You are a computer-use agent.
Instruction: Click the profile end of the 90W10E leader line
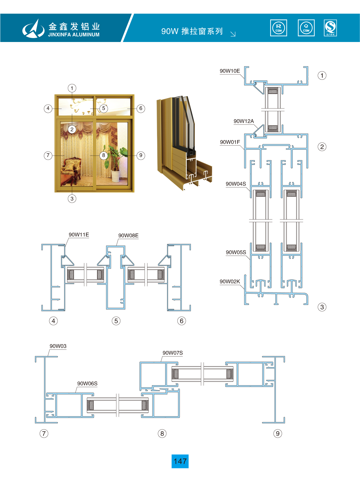[244, 79]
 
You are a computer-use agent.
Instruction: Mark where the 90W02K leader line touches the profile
[244, 289]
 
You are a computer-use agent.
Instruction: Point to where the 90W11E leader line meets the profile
[65, 247]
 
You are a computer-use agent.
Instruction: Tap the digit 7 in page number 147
[184, 461]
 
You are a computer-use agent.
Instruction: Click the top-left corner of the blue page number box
[172, 454]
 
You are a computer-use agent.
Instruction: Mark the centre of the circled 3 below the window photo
[72, 199]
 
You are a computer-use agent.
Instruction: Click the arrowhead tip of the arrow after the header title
[235, 36]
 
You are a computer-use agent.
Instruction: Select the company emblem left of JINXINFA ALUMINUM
[33, 28]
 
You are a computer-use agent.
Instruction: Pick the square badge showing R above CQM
[279, 28]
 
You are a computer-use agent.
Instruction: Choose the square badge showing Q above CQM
[306, 28]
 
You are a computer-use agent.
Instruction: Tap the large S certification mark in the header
[330, 28]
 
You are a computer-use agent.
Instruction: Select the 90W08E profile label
[128, 236]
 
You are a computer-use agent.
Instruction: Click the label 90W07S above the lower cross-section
[173, 353]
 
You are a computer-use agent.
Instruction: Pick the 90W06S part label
[87, 384]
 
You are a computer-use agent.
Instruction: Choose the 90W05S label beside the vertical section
[236, 252]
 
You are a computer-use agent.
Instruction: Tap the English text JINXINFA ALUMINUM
[74, 35]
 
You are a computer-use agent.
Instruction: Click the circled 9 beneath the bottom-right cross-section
[278, 433]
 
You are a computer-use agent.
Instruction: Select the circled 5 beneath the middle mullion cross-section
[116, 321]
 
